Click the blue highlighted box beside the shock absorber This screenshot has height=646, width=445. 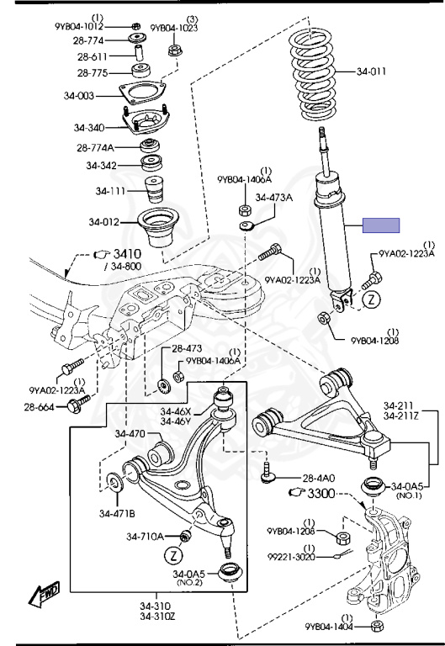coord(381,225)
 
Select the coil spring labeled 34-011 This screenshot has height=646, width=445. coord(313,75)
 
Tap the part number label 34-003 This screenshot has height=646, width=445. coord(79,96)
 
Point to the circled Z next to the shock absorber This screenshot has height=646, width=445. coord(372,299)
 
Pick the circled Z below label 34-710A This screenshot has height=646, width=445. coord(173,555)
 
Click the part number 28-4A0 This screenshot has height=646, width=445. coord(319,478)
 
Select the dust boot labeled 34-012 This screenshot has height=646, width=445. coord(158,227)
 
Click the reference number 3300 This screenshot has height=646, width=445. coord(321,493)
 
